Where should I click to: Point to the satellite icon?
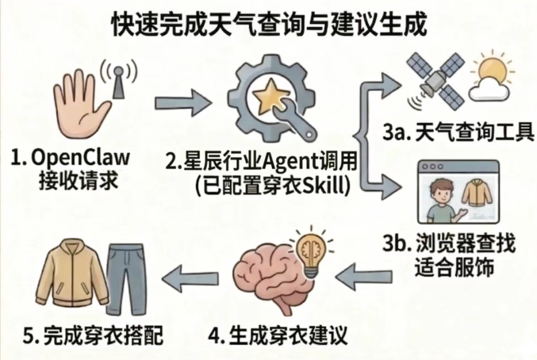pyautogui.click(x=436, y=81)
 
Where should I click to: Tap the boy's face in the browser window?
pyautogui.click(x=440, y=194)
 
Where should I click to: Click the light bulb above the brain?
pyautogui.click(x=312, y=252)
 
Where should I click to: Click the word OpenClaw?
pyautogui.click(x=81, y=158)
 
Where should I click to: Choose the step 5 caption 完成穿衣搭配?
pyautogui.click(x=103, y=335)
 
